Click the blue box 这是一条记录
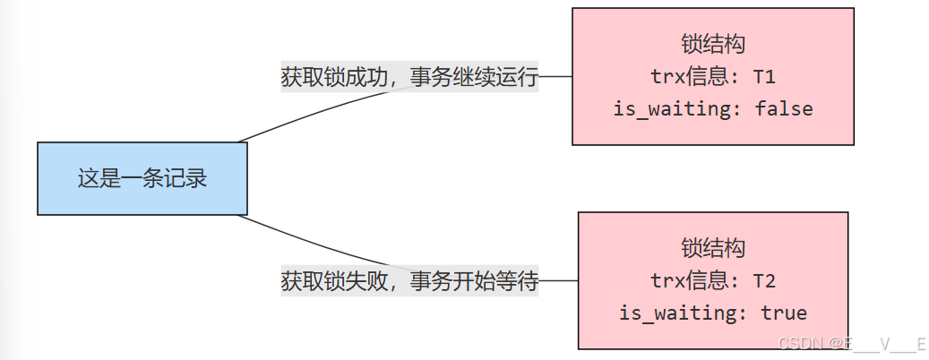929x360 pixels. point(142,178)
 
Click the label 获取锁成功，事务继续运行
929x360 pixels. point(409,77)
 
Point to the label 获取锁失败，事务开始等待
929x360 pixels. point(409,281)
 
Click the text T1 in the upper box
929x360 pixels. point(764,77)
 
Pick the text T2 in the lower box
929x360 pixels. point(764,281)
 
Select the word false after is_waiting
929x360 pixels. point(784,109)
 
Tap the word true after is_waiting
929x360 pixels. point(784,313)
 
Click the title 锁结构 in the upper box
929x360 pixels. point(713,45)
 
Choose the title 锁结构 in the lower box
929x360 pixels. point(713,248)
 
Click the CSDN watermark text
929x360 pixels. point(850,343)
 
